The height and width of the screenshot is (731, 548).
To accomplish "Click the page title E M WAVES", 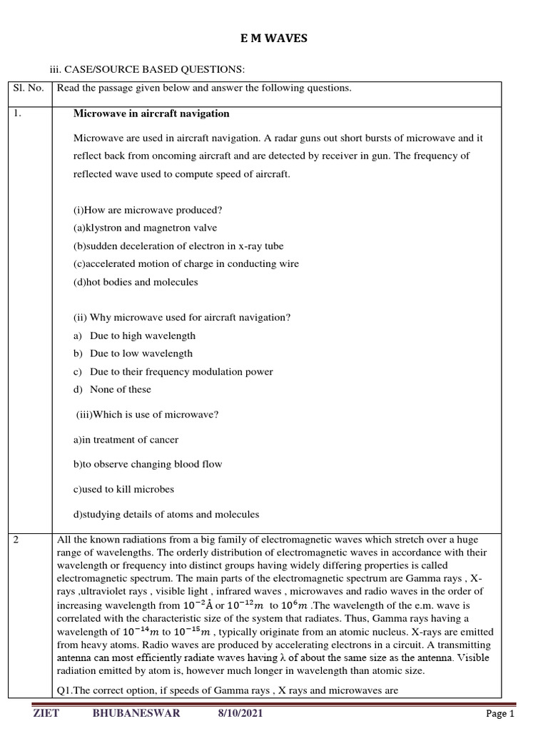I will click(274, 39).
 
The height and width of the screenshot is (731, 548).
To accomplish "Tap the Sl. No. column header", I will click(29, 89).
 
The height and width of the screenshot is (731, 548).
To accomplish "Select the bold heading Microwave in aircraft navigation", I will click(151, 114).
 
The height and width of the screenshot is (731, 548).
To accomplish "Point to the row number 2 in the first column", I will click(17, 540).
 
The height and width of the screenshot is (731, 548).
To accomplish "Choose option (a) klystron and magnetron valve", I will click(145, 228).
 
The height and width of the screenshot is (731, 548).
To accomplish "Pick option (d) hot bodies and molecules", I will click(136, 282).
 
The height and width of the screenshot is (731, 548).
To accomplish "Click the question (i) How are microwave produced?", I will click(148, 210).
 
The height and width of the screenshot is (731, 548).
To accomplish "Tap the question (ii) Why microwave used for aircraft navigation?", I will click(182, 318).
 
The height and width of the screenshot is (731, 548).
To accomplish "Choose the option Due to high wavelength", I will click(142, 336).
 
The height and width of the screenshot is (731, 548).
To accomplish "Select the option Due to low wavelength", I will click(141, 353).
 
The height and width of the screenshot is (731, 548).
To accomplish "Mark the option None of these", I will click(120, 389).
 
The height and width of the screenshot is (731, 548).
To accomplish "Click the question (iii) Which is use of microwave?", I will click(148, 415).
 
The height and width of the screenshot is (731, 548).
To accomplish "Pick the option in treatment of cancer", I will click(126, 440).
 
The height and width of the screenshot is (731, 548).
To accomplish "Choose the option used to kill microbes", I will click(123, 490).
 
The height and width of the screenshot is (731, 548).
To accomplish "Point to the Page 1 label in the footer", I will click(499, 714).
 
